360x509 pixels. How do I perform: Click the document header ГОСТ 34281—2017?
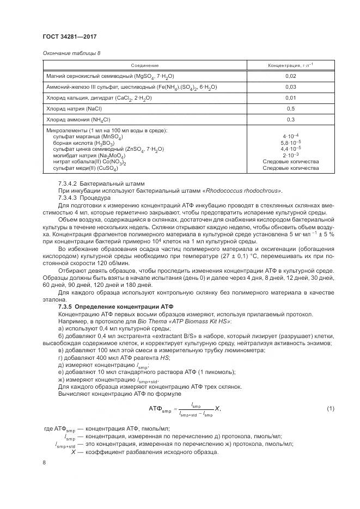pyautogui.click(x=70, y=37)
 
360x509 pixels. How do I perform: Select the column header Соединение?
pyautogui.click(x=145, y=65)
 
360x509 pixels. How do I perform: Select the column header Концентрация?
pyautogui.click(x=290, y=65)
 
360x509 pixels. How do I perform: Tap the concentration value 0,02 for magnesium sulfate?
pyautogui.click(x=290, y=76)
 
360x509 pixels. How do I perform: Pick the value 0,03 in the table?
pyautogui.click(x=290, y=87)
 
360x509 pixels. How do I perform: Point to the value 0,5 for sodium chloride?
pyautogui.click(x=290, y=109)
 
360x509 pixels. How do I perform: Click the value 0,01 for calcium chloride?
pyautogui.click(x=290, y=98)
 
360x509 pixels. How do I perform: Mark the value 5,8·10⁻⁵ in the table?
pyautogui.click(x=291, y=143)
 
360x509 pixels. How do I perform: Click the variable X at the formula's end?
pyautogui.click(x=217, y=408)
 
